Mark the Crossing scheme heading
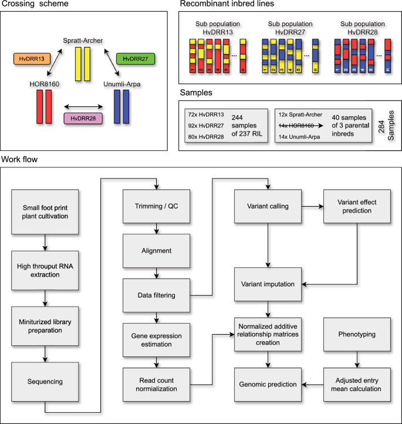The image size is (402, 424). coord(34,5)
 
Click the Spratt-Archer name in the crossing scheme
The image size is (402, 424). coord(85,40)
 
